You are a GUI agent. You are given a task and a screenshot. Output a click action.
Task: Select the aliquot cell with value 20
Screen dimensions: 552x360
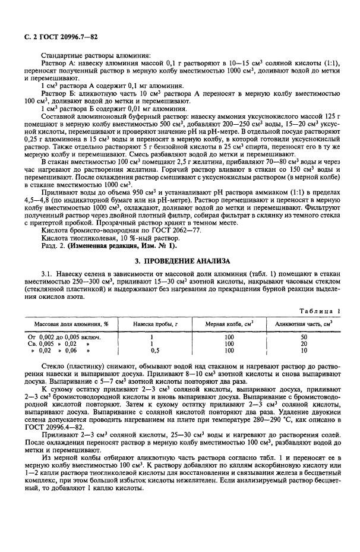(x=303, y=343)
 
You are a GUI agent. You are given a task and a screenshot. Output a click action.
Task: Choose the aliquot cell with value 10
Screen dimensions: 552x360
(x=303, y=351)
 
